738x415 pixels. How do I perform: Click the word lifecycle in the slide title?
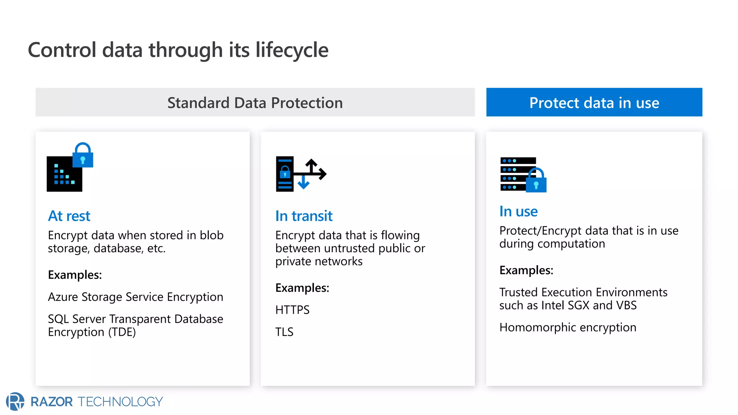(292, 50)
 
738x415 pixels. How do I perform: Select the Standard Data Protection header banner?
(255, 102)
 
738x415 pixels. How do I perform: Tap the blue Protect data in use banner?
(594, 102)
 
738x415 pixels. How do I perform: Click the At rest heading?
(69, 216)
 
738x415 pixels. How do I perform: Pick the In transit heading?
(303, 216)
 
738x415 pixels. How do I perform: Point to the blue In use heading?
(518, 211)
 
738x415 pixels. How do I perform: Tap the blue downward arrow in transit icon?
(303, 182)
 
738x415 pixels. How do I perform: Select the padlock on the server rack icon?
(536, 181)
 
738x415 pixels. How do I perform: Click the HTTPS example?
(292, 310)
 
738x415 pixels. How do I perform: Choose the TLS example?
(284, 332)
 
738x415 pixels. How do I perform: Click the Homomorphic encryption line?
(568, 327)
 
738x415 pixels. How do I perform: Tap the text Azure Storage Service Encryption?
(135, 297)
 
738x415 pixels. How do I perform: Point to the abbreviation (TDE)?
(122, 332)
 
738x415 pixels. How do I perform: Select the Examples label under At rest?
(75, 275)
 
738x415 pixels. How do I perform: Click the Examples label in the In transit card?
(302, 288)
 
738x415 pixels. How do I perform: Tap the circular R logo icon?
(15, 401)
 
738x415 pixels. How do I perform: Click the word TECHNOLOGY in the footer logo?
(120, 402)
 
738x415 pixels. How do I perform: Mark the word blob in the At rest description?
(212, 235)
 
